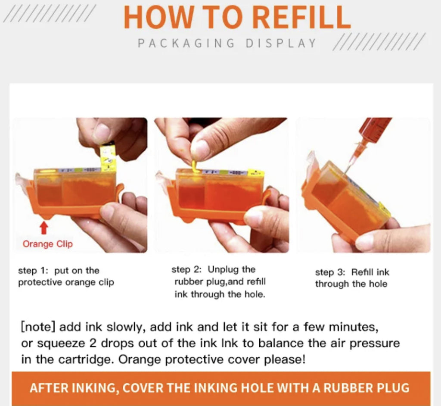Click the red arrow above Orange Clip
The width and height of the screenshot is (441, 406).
point(44,228)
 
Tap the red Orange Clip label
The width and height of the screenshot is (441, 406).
point(47,244)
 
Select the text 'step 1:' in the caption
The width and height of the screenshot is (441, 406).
point(33,271)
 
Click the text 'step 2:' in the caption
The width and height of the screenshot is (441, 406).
point(186,270)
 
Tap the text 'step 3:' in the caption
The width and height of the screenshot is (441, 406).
point(330,272)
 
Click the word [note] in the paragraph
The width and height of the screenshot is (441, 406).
point(38,327)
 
